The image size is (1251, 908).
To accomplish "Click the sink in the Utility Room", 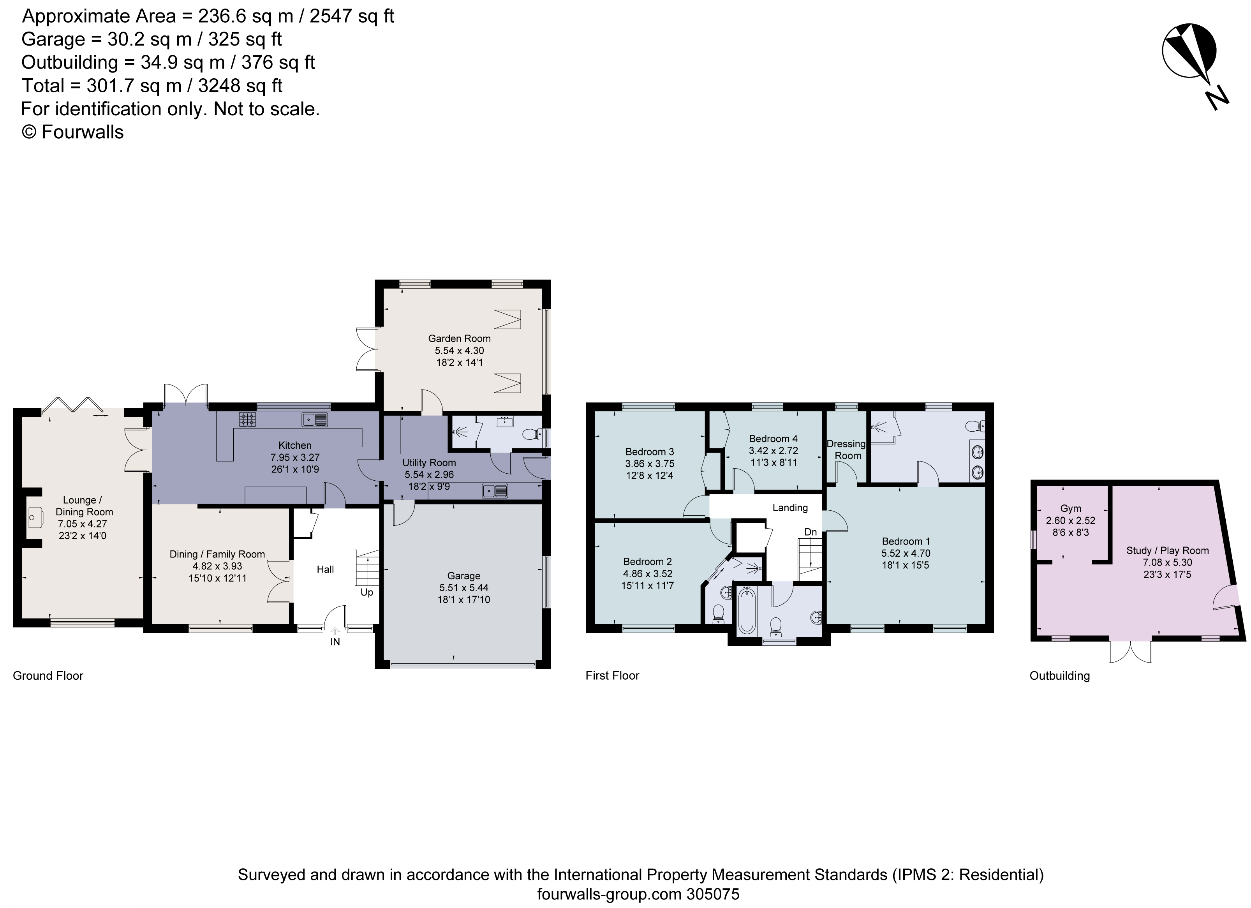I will click(494, 490).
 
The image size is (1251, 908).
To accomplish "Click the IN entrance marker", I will click(335, 642).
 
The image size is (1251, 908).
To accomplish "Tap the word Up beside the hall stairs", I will click(367, 592).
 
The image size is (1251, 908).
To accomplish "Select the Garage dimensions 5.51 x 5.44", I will click(463, 587).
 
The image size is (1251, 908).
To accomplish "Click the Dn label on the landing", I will click(810, 532).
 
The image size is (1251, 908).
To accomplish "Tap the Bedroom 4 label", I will click(773, 439).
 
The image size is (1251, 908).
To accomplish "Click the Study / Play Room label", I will click(1167, 550).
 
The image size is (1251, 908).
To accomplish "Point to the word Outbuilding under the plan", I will click(1060, 676).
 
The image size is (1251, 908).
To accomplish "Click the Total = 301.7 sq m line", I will click(152, 86).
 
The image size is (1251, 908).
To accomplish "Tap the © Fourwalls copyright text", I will click(72, 132).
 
